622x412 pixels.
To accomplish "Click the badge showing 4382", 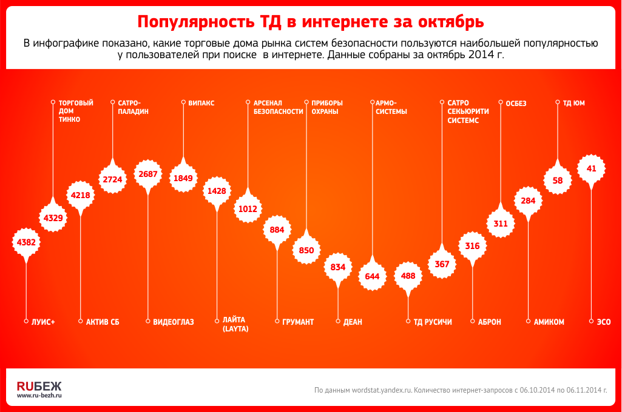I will click(26, 242).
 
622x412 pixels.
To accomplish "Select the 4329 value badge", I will click(53, 218).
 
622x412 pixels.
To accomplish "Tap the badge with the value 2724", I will click(112, 180).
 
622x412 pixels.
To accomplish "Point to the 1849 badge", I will click(183, 178).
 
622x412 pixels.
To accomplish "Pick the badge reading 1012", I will click(248, 209).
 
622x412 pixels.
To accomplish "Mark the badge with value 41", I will click(592, 169).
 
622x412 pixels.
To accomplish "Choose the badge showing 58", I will click(558, 180).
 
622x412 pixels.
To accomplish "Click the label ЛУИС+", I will click(43, 322).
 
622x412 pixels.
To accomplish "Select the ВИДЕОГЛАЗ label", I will click(174, 322).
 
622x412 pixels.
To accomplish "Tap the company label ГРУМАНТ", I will click(298, 322).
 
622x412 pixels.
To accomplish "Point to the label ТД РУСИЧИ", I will click(433, 322).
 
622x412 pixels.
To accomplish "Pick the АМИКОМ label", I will click(549, 322).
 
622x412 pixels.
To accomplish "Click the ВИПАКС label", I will click(201, 104).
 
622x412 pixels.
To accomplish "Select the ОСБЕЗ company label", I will click(516, 104).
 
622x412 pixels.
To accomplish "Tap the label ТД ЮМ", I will click(574, 104).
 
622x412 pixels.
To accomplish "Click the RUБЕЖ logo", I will click(39, 385).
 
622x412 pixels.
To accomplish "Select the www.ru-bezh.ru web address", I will click(39, 396).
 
